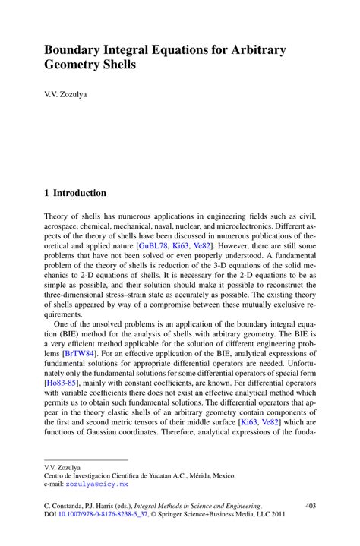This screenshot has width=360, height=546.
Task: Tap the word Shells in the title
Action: [x=115, y=65]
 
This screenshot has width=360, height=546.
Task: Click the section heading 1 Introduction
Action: [x=75, y=193]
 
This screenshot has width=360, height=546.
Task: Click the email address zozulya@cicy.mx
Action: [x=96, y=484]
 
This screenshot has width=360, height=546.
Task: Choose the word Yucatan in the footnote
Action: [x=152, y=475]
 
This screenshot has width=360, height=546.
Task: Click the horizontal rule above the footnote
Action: [x=85, y=459]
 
